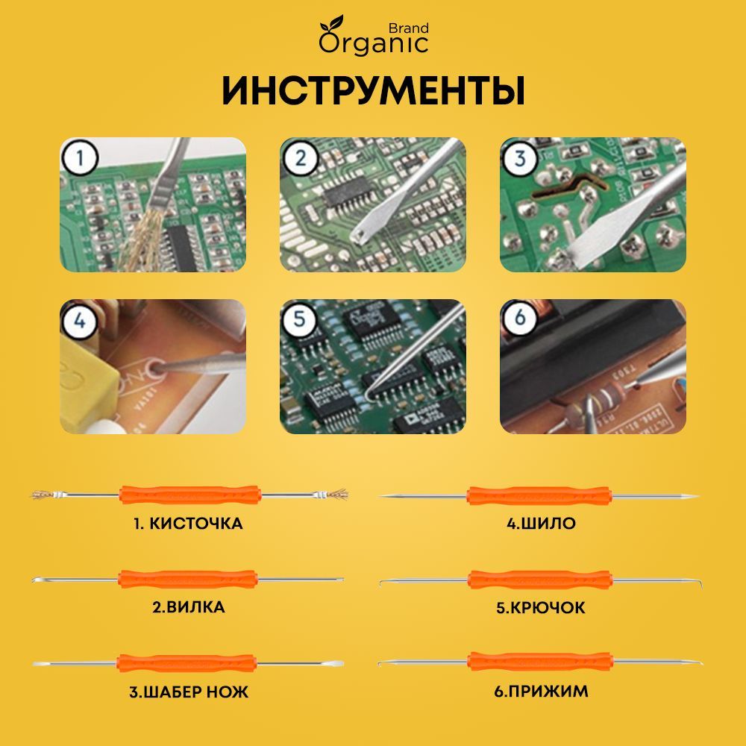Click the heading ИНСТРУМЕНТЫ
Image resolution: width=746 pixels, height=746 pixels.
pos(373,92)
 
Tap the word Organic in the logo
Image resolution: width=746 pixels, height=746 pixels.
pos(374,43)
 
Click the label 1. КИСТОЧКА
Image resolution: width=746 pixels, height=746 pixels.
pos(188,524)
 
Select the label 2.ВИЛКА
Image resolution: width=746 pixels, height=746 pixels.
pos(188,607)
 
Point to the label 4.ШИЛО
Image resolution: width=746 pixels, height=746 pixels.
pos(541,524)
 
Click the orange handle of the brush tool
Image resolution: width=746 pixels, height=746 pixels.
pos(189,494)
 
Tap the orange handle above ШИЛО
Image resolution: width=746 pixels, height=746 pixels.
pos(539,495)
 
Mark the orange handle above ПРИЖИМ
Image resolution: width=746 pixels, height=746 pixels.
pos(539,662)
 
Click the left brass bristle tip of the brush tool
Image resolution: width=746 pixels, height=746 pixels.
pos(43,494)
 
